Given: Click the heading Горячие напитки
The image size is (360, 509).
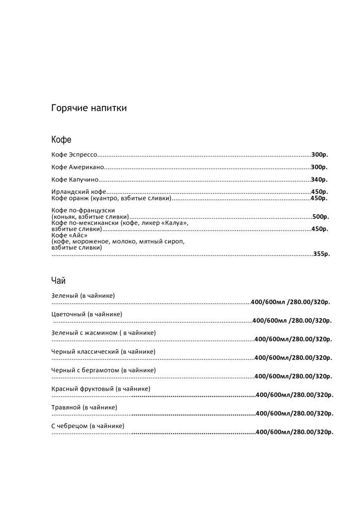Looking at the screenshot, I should [89, 108].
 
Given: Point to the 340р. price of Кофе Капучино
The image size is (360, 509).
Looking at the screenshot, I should [319, 179].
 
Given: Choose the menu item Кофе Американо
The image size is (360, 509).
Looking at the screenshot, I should [77, 167].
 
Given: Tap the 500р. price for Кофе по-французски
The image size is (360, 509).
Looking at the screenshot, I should [321, 217].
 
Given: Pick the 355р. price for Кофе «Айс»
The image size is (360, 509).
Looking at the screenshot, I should [321, 254].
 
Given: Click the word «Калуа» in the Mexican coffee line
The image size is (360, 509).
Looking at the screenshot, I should [175, 223].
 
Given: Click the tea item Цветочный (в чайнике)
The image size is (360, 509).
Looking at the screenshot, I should [87, 314].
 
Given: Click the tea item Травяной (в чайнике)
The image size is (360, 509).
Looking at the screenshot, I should [84, 407].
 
